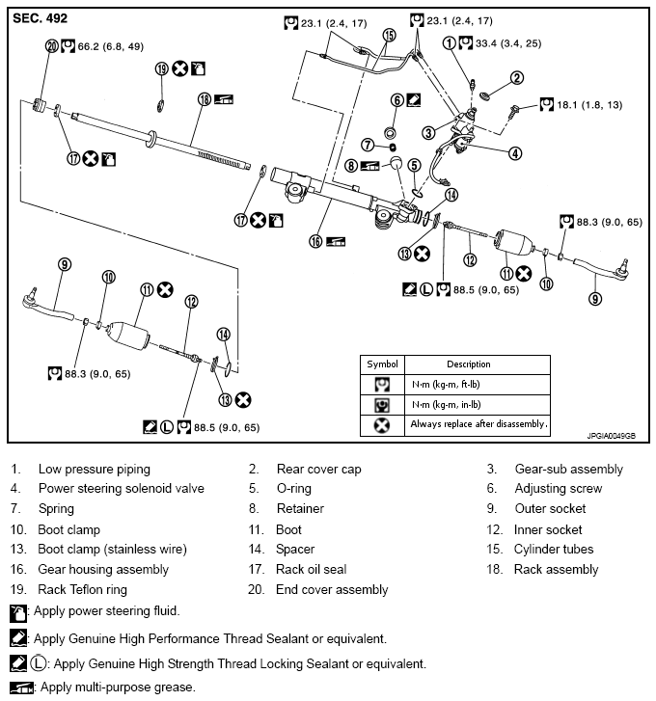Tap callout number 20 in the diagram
point(51,45)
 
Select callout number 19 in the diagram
point(162,68)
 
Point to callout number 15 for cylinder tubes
point(389,35)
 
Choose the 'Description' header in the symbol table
point(468,364)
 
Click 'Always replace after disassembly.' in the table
point(478,423)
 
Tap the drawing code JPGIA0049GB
point(610,435)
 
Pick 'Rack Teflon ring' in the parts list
point(82,589)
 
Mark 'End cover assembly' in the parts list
point(332,589)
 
